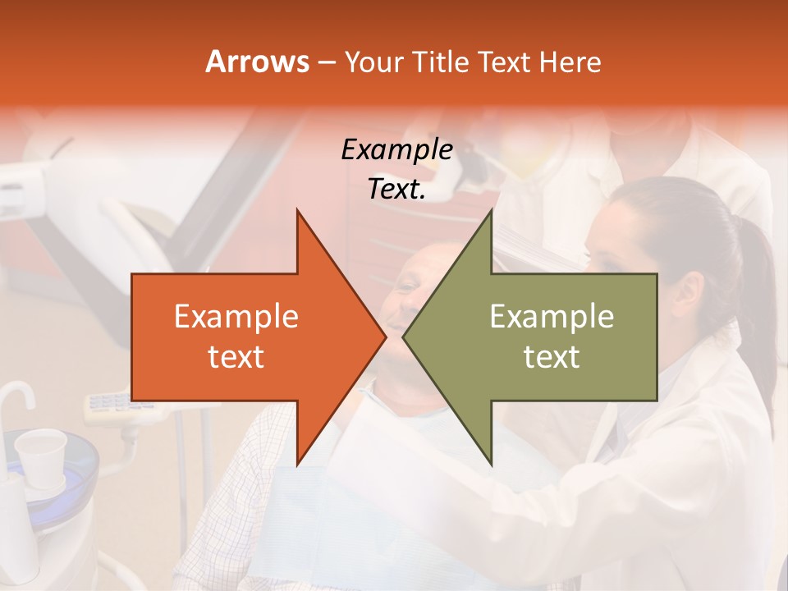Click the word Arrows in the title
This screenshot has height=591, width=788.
(x=257, y=62)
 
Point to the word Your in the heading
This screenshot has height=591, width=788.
(x=373, y=62)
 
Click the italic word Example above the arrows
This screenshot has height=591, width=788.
(x=396, y=150)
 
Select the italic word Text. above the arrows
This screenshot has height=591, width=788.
(x=396, y=189)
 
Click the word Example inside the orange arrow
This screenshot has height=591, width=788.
(x=236, y=317)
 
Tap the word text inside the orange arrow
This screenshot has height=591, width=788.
(x=236, y=356)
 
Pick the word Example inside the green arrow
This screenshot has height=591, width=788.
(x=552, y=317)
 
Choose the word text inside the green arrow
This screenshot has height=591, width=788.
(x=552, y=356)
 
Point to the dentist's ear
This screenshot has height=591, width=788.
(x=689, y=291)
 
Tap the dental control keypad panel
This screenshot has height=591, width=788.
(x=111, y=404)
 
